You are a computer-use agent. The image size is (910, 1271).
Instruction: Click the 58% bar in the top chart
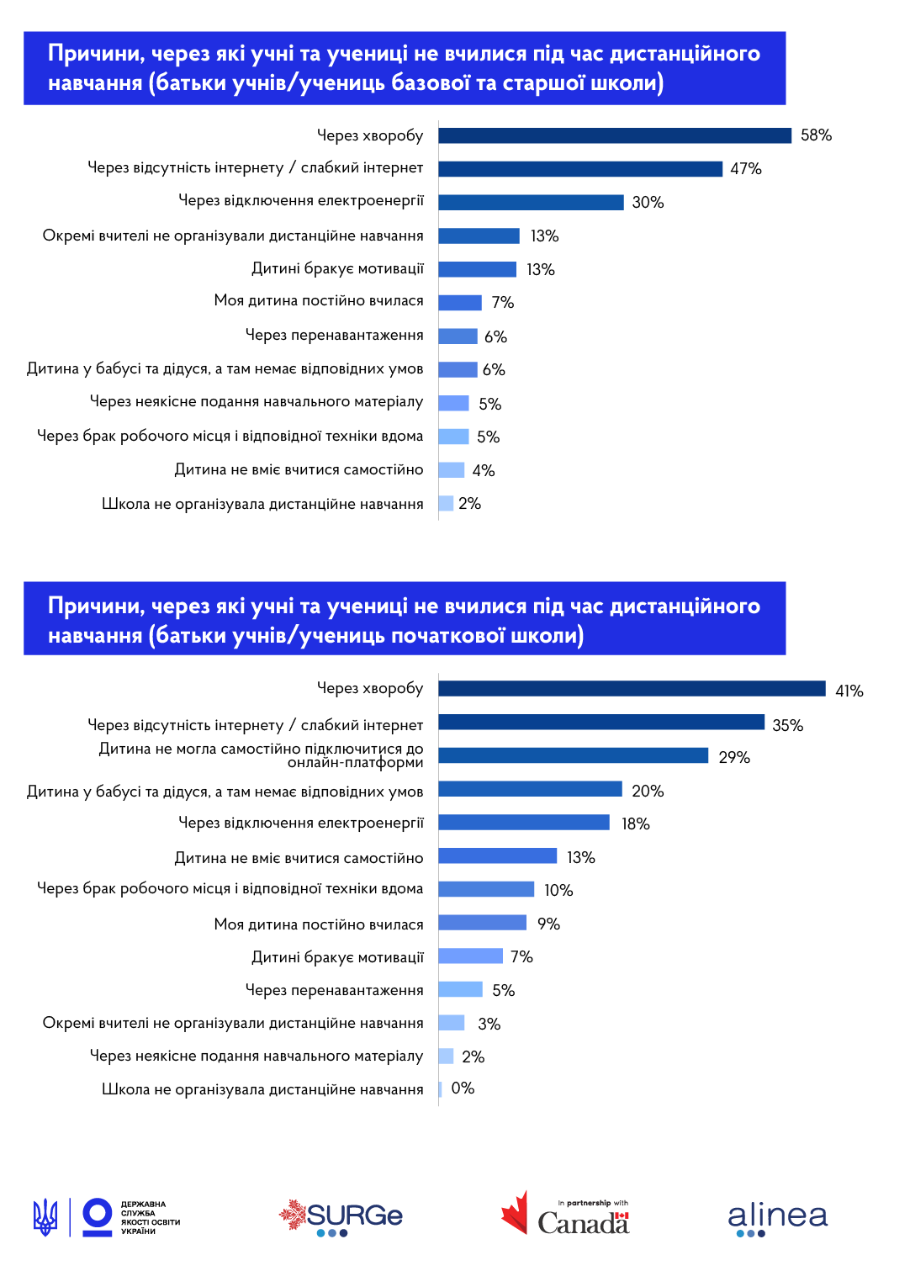[614, 135]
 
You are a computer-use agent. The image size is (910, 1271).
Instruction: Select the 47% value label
[745, 169]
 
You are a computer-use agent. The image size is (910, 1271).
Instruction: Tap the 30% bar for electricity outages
[531, 202]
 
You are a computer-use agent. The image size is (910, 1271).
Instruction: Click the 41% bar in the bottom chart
[632, 689]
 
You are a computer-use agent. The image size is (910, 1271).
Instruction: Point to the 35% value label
[787, 725]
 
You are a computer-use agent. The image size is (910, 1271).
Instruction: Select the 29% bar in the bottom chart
[573, 755]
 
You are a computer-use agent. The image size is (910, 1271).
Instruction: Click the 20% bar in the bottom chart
[530, 789]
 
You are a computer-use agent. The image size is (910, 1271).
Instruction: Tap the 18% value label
[635, 824]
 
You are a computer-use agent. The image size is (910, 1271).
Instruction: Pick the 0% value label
[463, 1088]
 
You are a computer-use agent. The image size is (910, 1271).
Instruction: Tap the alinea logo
[777, 1217]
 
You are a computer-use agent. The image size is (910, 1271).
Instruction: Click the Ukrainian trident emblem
[45, 1217]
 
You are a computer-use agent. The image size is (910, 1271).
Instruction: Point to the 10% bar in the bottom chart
[486, 889]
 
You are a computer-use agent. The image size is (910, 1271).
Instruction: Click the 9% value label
[548, 924]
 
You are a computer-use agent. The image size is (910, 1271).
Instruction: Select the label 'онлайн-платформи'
[355, 763]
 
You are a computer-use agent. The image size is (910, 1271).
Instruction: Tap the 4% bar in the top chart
[452, 469]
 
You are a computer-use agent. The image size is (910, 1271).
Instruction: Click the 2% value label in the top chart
[469, 504]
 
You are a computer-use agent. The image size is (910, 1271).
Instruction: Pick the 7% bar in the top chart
[460, 303]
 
